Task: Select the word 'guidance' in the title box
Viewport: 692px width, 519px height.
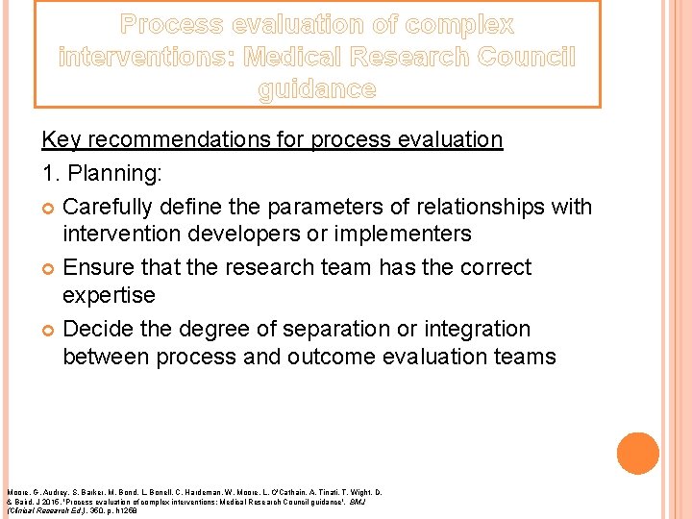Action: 317,90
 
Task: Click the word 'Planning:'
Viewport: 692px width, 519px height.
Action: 113,176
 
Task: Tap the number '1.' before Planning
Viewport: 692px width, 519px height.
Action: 52,176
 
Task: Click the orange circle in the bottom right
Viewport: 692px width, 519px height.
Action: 637,454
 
